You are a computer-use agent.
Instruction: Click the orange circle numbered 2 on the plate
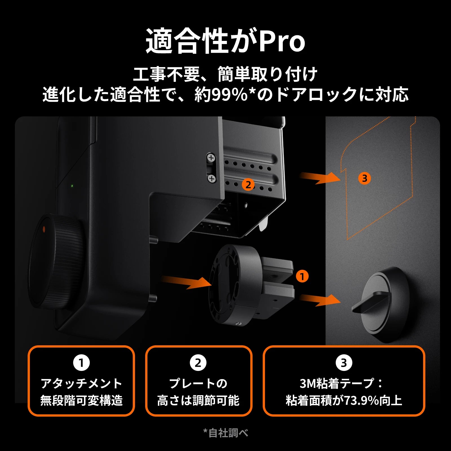(x=248, y=185)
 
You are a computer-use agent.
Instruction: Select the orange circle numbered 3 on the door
(x=364, y=178)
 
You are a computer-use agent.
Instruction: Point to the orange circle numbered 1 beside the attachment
(x=302, y=277)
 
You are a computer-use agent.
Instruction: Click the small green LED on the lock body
(x=72, y=186)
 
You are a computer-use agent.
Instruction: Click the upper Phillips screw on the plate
(x=211, y=158)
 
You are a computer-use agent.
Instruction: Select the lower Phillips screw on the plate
(x=212, y=178)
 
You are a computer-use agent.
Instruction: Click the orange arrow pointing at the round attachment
(x=187, y=282)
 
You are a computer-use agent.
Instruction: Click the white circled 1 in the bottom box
(x=81, y=363)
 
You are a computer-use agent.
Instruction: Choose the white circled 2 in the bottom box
(x=198, y=363)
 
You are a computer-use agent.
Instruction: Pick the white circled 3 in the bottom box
(x=344, y=363)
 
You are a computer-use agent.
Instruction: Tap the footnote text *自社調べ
(x=226, y=433)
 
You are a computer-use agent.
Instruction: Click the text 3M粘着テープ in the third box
(x=337, y=383)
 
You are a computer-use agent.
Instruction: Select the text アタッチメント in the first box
(x=81, y=383)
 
